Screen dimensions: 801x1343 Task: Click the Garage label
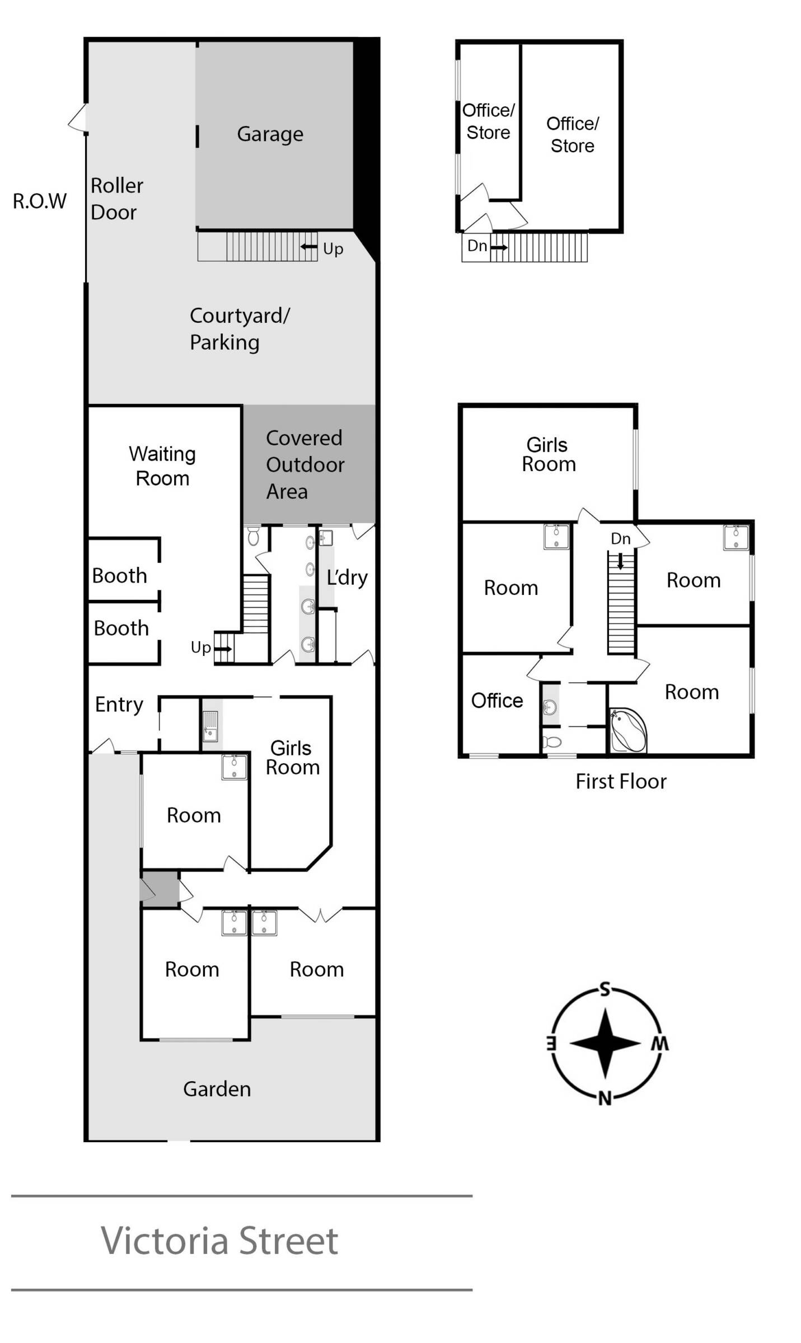point(270,134)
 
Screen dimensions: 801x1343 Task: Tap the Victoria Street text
point(219,1241)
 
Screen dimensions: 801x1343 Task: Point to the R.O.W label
point(40,201)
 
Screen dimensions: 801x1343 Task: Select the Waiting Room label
point(162,466)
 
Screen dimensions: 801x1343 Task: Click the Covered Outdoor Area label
point(305,464)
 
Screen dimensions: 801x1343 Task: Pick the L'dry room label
point(347,577)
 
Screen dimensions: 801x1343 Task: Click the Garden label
point(217,1089)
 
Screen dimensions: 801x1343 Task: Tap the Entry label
point(119,705)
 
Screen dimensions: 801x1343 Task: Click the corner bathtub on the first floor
point(628,730)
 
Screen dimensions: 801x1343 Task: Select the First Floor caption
point(621,781)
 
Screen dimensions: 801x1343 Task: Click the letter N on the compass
point(605,1098)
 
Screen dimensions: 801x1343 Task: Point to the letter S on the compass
point(605,990)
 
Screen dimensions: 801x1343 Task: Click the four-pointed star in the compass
point(605,1043)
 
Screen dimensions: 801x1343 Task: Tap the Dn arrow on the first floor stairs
point(620,561)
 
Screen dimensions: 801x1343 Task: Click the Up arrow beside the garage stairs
point(309,247)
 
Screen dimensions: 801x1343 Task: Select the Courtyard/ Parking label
point(240,329)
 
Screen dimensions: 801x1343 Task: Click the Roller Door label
point(117,199)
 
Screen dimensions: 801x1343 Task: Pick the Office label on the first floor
point(497,701)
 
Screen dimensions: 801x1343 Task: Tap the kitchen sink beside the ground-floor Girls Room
point(210,726)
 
